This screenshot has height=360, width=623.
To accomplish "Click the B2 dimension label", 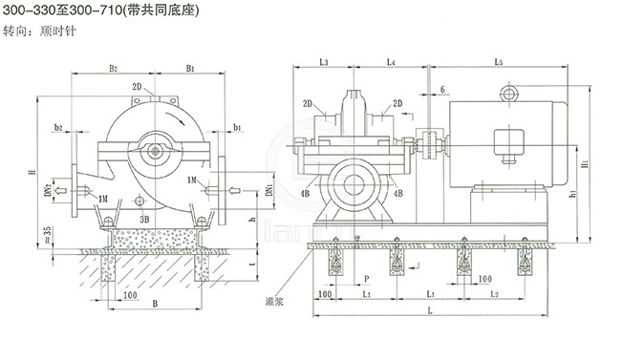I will (x=114, y=69).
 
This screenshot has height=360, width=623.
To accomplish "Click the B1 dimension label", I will (x=191, y=69).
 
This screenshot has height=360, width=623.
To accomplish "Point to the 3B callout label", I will (x=144, y=219).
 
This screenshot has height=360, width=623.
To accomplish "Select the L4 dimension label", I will (x=391, y=62).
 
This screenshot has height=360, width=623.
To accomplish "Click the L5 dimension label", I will (x=499, y=62).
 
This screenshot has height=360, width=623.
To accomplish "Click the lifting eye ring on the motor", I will (x=506, y=93).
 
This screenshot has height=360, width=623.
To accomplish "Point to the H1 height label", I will (x=584, y=163).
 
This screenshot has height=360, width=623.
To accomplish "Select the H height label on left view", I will (x=32, y=172).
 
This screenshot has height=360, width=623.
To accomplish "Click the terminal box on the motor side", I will (x=505, y=139).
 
